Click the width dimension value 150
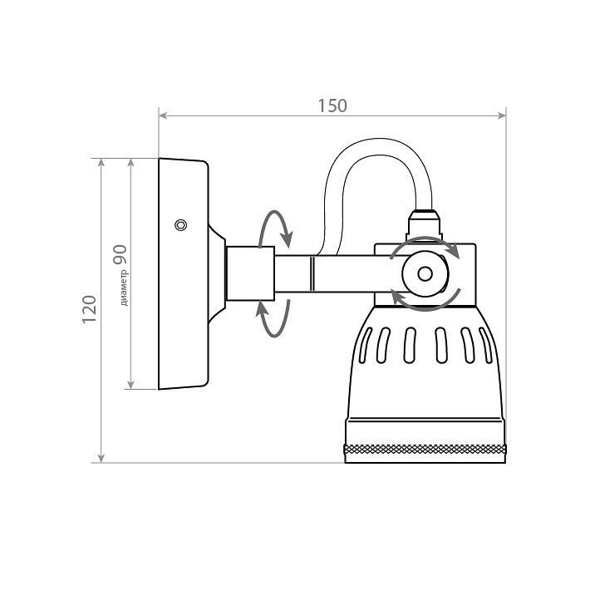pyautogui.click(x=332, y=106)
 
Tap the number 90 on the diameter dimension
pyautogui.click(x=120, y=254)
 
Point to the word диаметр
pyautogui.click(x=123, y=287)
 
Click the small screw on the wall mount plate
pyautogui.click(x=180, y=225)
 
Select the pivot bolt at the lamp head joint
pyautogui.click(x=425, y=273)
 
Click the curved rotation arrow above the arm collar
pyautogui.click(x=275, y=229)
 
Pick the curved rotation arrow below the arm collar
pyautogui.click(x=275, y=317)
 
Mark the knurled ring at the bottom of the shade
pyautogui.click(x=425, y=452)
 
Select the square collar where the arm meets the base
pyautogui.click(x=251, y=273)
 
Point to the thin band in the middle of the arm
pyautogui.click(x=312, y=273)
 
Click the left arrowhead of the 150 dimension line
pyautogui.click(x=164, y=115)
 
